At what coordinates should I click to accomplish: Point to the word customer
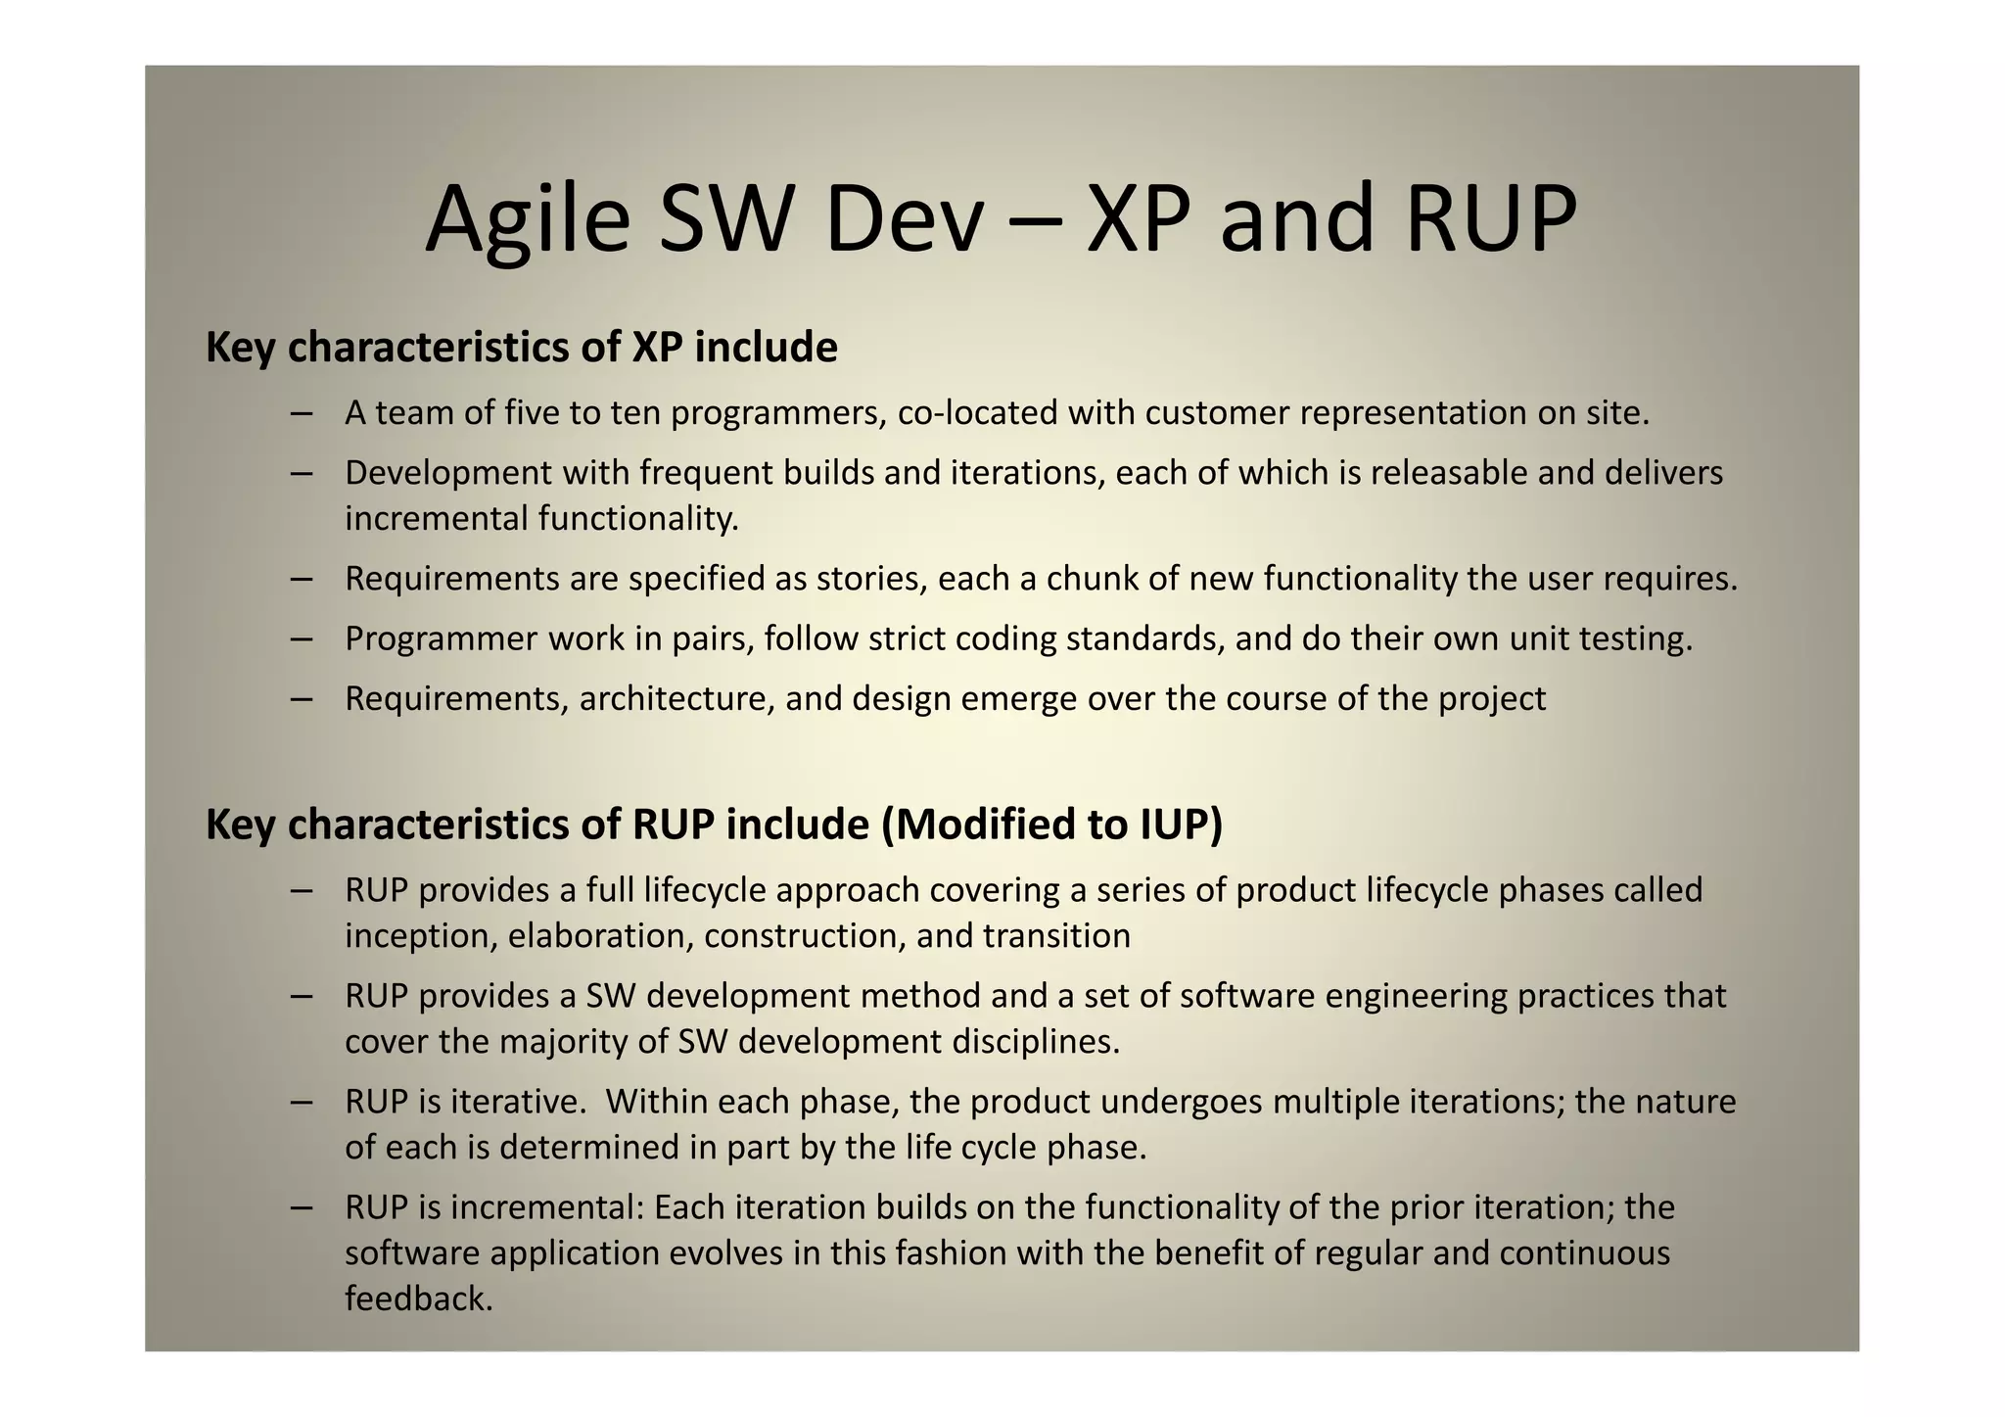(1217, 413)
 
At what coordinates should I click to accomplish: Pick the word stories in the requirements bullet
(872, 579)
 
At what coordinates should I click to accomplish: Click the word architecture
(676, 698)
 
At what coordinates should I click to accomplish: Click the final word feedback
(418, 1299)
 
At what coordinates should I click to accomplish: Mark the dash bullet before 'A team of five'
(302, 413)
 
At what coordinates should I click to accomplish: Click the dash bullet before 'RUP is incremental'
(302, 1207)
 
